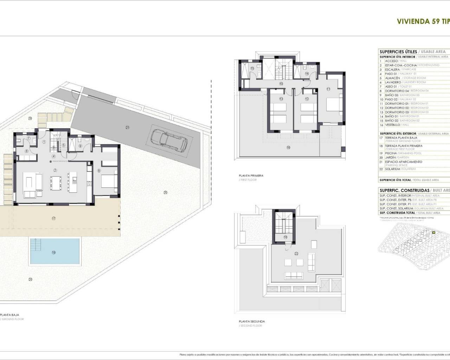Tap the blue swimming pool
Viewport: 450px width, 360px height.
coord(54,251)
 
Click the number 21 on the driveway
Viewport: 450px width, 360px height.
coord(127,127)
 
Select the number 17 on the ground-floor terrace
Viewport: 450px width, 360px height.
coord(53,218)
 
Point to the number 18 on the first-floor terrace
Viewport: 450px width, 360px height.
coord(288,148)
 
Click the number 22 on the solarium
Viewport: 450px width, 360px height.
coord(296,253)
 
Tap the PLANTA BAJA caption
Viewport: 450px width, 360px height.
coord(10,315)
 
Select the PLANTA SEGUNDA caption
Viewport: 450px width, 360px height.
coord(252,321)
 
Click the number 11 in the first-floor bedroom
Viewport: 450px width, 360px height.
coord(328,89)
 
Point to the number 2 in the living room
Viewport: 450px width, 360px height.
coord(55,170)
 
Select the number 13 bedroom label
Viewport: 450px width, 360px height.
coord(281,99)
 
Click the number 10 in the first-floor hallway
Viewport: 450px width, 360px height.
coord(281,84)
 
